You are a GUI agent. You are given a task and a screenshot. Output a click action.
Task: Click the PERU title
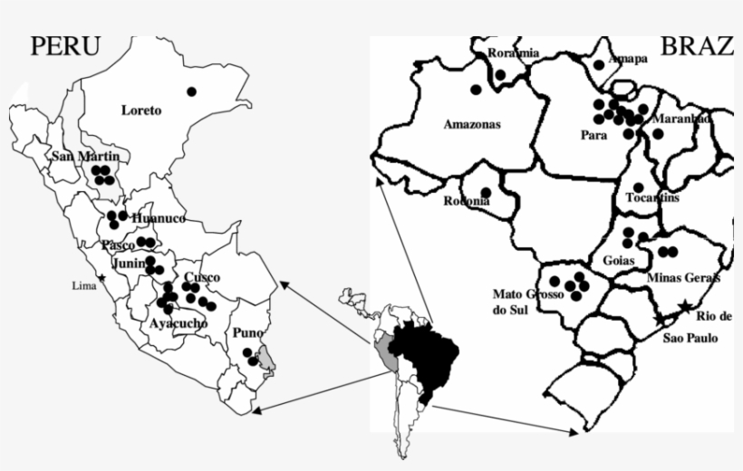pyautogui.click(x=64, y=46)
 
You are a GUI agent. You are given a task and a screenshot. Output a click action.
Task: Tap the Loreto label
pyautogui.click(x=141, y=111)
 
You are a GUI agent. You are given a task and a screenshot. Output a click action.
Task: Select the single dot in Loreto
pyautogui.click(x=191, y=91)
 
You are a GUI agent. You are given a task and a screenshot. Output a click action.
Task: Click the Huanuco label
pyautogui.click(x=158, y=219)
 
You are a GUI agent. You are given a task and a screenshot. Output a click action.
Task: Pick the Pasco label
pyautogui.click(x=119, y=245)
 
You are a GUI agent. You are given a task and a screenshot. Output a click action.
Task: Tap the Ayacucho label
pyautogui.click(x=179, y=323)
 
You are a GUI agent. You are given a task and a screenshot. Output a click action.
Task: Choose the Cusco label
pyautogui.click(x=201, y=277)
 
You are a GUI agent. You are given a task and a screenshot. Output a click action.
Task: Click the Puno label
pyautogui.click(x=248, y=333)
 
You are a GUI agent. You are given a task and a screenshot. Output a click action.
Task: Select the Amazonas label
pyautogui.click(x=471, y=125)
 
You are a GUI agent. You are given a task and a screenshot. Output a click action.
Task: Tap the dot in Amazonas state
pyautogui.click(x=475, y=90)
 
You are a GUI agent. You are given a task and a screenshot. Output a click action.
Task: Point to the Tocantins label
pyautogui.click(x=652, y=197)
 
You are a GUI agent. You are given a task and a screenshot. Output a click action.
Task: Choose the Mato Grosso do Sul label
pyautogui.click(x=528, y=301)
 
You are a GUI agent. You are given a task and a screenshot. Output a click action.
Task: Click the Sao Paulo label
pyautogui.click(x=690, y=338)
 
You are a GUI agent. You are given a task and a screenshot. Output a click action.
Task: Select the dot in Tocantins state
pyautogui.click(x=638, y=187)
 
